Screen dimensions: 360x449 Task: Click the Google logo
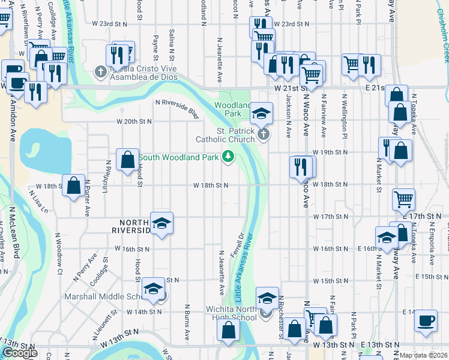point(19,353)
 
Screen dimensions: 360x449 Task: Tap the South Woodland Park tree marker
point(228,157)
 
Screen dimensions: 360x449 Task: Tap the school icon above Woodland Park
point(261,112)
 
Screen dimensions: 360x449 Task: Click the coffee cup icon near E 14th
point(426,320)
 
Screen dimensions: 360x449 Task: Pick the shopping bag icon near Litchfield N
point(127,160)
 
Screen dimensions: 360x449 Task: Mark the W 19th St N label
point(330,152)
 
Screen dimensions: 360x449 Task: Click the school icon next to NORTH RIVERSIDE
point(161,223)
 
